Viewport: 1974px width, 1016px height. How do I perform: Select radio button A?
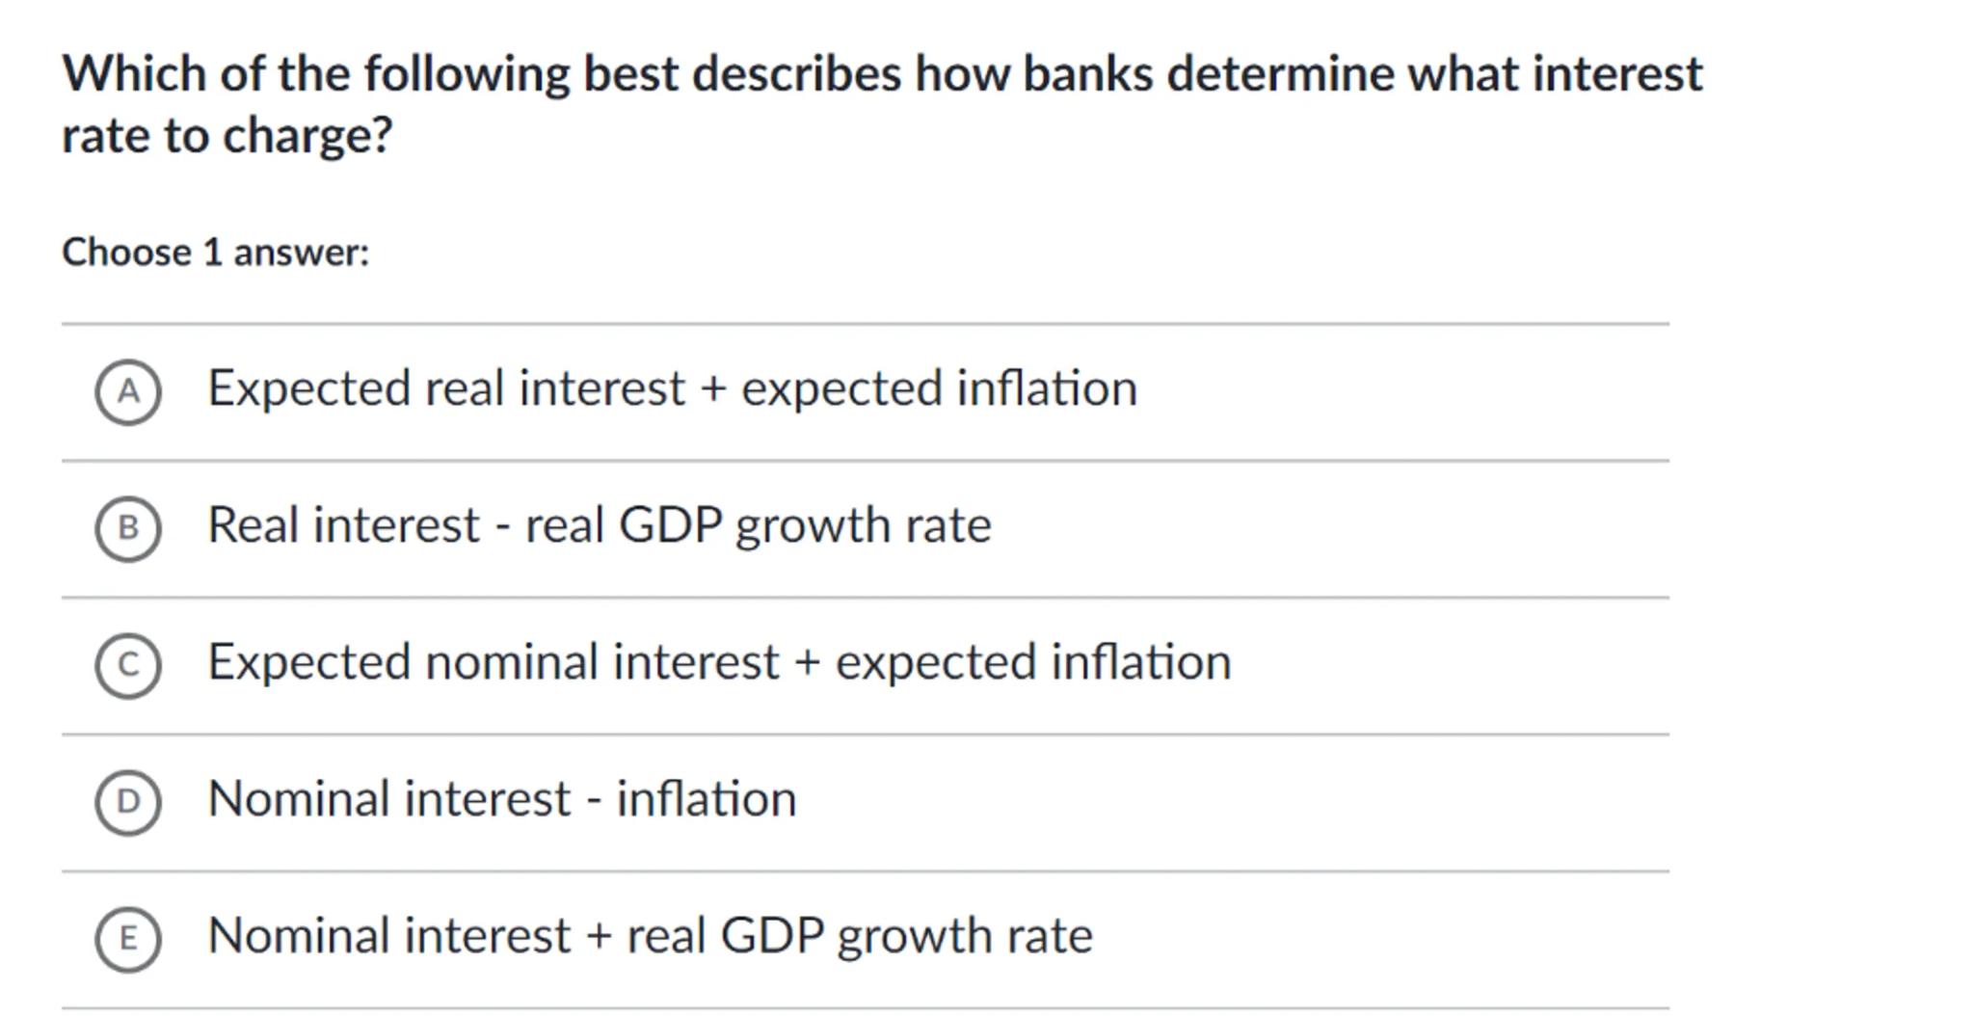point(127,391)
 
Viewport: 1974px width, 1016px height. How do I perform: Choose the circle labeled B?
point(127,528)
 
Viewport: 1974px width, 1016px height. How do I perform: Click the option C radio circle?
point(127,665)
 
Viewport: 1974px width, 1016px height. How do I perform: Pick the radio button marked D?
point(127,802)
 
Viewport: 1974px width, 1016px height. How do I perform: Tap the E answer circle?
point(127,939)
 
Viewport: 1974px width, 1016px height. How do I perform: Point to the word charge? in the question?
point(307,136)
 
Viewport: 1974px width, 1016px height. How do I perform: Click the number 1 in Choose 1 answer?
point(213,253)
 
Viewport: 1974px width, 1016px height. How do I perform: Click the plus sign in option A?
point(713,389)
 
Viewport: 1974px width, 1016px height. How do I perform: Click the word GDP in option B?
point(670,525)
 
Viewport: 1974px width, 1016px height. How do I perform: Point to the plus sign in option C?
point(808,663)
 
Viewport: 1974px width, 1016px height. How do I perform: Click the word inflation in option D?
point(707,799)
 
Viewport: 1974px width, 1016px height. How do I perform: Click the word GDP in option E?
point(772,936)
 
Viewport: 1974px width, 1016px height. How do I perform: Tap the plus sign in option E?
point(600,937)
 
